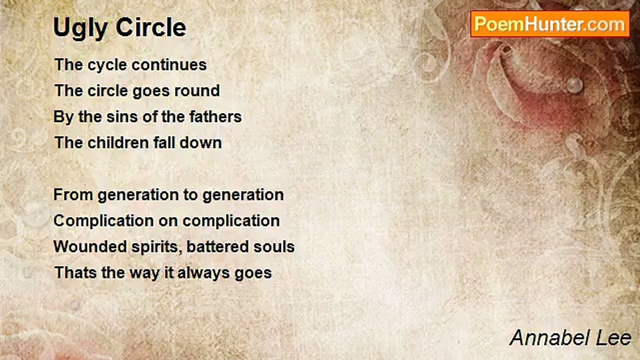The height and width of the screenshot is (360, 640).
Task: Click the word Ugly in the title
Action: pos(81,28)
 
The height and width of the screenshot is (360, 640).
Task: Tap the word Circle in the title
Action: pos(151,27)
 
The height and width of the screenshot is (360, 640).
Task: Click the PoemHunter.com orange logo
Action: pos(550,24)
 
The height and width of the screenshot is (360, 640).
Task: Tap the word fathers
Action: pos(215,116)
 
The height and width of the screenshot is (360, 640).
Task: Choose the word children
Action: pos(118,142)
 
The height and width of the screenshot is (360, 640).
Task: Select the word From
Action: pos(73,195)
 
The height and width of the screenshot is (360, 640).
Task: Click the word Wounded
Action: pos(90,247)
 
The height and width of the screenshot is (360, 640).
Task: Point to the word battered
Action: pos(217,247)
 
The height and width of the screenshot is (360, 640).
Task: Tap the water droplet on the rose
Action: pos(574,85)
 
